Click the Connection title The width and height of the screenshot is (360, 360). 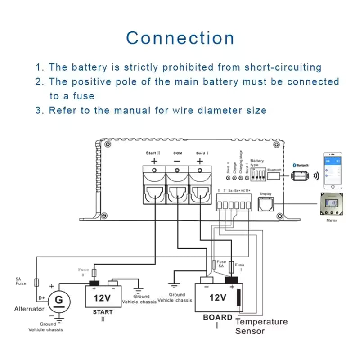(x=180, y=38)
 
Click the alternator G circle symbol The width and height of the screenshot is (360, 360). (x=57, y=299)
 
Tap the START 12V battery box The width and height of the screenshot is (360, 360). (x=103, y=296)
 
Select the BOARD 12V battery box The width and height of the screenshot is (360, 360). (x=218, y=297)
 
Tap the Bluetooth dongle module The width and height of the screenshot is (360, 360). (x=299, y=175)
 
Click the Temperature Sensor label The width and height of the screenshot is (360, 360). (x=261, y=326)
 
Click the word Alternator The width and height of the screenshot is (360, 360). (x=30, y=309)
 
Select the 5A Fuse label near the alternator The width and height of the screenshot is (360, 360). (x=21, y=281)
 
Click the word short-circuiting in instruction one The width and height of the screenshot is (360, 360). (x=283, y=67)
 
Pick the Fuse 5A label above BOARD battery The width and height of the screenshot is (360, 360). (x=221, y=264)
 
